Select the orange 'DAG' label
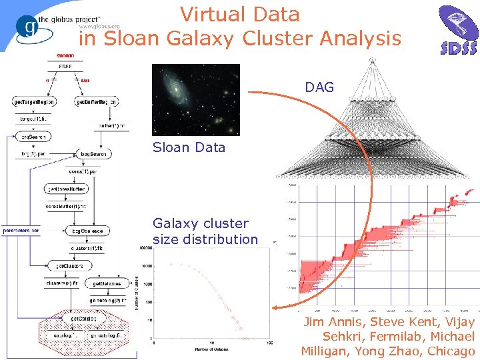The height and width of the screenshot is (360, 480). coord(319,87)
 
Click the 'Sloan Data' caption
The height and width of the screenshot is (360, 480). coord(189,147)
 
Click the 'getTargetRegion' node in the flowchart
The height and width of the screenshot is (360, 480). coord(34,102)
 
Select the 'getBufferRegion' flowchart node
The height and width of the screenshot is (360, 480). coord(97,102)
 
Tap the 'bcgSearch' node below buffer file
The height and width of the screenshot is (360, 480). coord(95,154)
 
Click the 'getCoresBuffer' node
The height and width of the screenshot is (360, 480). coord(65,189)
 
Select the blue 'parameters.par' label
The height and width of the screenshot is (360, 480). coord(21,231)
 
